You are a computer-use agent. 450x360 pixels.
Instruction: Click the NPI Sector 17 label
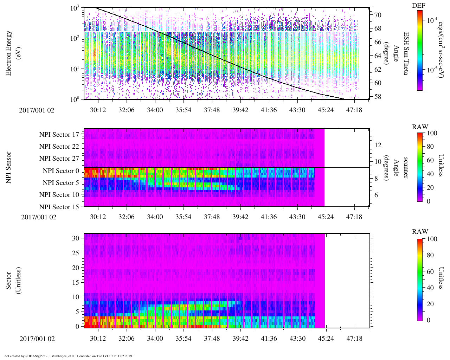click(59, 134)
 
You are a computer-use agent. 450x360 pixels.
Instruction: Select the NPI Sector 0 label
click(61, 171)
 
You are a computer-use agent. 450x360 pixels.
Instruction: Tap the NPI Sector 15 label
click(59, 207)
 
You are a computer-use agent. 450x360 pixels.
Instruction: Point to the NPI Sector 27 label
click(59, 159)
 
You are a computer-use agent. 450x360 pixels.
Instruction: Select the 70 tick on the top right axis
click(378, 15)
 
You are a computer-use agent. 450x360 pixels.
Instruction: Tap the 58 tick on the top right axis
click(378, 97)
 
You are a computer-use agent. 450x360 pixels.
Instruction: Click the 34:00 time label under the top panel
click(155, 110)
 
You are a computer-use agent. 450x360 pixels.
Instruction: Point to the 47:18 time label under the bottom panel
click(354, 339)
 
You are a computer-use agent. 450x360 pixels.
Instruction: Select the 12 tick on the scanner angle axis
click(378, 145)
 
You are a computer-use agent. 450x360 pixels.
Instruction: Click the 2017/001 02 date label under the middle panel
click(39, 217)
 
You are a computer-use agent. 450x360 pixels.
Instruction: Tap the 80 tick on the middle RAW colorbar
click(432, 147)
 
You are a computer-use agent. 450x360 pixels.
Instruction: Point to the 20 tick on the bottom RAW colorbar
click(432, 304)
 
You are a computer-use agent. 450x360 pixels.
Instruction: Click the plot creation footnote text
click(68, 356)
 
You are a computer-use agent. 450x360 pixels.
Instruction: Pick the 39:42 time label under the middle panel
click(240, 217)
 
